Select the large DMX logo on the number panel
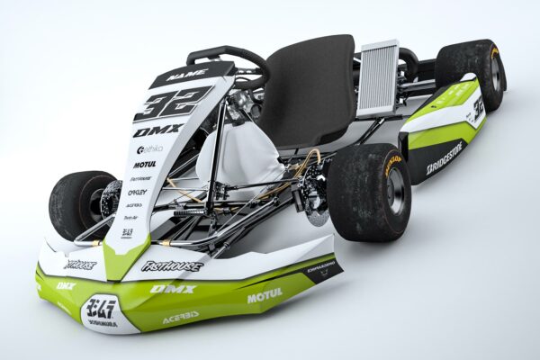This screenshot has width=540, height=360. [157, 130]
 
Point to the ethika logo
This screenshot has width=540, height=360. [150, 148]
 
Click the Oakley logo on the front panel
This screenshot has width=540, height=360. [137, 192]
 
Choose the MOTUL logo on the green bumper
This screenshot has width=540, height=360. [265, 294]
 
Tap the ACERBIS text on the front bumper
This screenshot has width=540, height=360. [181, 317]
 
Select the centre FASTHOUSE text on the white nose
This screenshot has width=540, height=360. [173, 266]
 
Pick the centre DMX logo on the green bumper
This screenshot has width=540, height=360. [172, 289]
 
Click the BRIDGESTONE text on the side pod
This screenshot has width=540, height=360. [445, 157]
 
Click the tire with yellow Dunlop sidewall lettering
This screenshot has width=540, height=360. [372, 190]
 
